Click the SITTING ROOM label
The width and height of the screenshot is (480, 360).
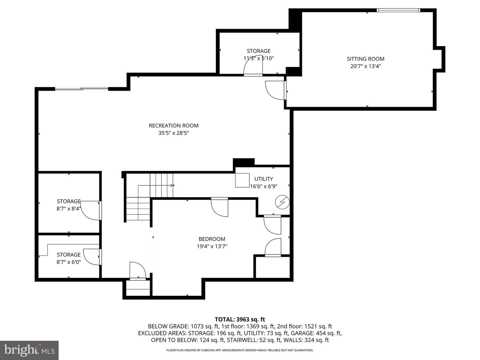pos(365,59)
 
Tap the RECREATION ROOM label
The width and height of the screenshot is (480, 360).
pos(173,126)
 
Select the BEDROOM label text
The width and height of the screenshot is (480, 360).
pos(212,239)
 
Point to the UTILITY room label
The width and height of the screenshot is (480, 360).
pos(263,179)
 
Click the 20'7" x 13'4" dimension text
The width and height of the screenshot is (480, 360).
pos(365,66)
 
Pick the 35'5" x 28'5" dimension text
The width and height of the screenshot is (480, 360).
pos(173,133)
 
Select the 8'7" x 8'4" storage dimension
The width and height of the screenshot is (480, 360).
pos(68,209)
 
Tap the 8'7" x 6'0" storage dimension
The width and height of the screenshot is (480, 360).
pos(68,262)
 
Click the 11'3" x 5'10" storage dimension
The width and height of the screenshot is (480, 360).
pos(258,58)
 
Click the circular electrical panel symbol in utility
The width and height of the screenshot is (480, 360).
pos(282,202)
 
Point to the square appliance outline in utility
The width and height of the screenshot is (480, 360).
pos(242,180)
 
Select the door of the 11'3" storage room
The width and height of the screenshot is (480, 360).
pos(253,66)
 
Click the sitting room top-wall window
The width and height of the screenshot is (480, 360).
pos(398,10)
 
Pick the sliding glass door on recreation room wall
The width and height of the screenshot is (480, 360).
pos(82,89)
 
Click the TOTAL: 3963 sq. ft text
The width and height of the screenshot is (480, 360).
pos(240,319)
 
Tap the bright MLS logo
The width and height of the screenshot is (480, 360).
pos(29,350)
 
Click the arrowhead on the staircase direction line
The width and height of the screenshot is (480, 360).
pos(172,185)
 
